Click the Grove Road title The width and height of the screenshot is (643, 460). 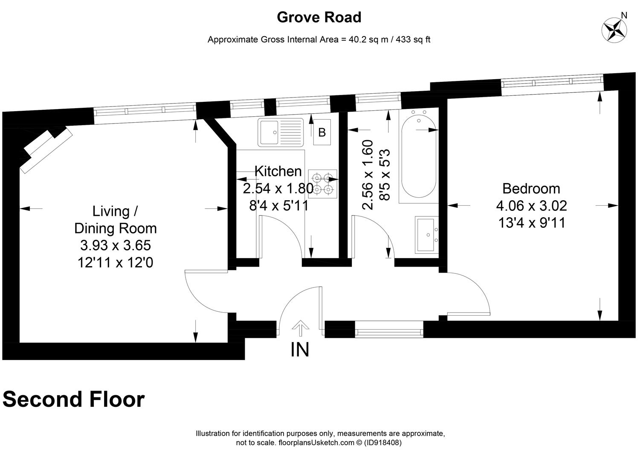pos(319,17)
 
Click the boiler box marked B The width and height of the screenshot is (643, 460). pos(322,132)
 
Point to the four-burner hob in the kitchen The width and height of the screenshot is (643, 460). pos(322,184)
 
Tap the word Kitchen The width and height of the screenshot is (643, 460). pos(278,171)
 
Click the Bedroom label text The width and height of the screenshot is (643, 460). pos(531,188)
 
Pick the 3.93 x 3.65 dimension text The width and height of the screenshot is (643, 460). pos(115,246)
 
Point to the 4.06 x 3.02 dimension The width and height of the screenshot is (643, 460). pos(531,206)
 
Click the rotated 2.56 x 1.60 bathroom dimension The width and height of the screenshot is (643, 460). pos(368,175)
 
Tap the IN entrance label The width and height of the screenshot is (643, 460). pos(300,350)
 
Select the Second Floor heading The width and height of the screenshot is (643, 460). pos(73,400)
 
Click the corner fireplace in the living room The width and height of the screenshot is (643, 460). pos(46,149)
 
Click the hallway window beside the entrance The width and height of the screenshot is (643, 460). pos(389,329)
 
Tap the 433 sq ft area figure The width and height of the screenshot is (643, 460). pos(413,40)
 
